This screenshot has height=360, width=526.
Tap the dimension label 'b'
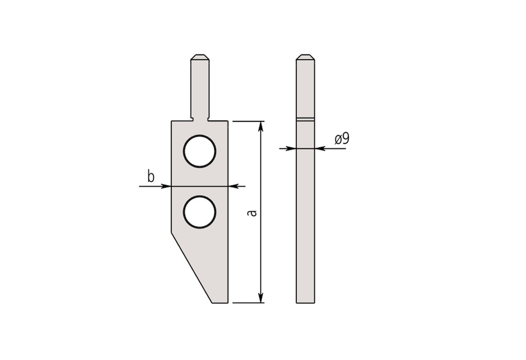coord(151,177)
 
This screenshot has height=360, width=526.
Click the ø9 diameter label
coord(342,138)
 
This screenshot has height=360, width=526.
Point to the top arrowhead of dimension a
coord(261,126)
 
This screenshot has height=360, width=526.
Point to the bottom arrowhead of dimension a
coord(261,297)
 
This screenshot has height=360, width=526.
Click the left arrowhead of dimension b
coord(166,186)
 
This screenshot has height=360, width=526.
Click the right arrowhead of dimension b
coord(234,186)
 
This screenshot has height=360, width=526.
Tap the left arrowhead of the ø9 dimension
coord(291,148)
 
